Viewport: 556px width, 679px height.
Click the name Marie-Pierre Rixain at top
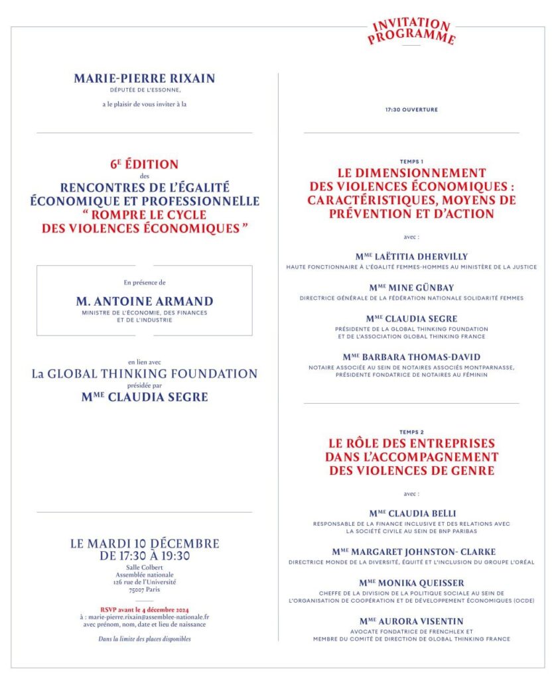click(x=145, y=78)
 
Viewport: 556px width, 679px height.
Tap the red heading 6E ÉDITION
click(x=144, y=164)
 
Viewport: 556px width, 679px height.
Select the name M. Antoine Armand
click(x=144, y=302)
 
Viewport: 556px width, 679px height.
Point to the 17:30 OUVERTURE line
click(x=411, y=109)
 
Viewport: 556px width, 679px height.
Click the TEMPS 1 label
click(x=411, y=161)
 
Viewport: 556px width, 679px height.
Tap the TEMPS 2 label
click(x=411, y=432)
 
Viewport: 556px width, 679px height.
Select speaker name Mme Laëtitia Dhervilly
click(x=411, y=257)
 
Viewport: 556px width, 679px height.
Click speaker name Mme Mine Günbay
click(x=411, y=287)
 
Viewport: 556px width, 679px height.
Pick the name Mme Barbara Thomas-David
click(x=411, y=357)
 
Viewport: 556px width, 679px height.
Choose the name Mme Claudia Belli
click(x=411, y=513)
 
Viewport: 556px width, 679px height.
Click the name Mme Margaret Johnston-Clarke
click(x=414, y=552)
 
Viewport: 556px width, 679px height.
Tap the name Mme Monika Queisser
click(x=411, y=583)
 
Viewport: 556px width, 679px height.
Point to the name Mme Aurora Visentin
click(x=411, y=621)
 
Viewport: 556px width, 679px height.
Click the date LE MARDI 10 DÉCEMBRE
click(x=145, y=544)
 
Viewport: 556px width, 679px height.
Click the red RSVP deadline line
click(x=145, y=609)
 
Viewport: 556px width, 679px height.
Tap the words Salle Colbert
click(x=145, y=568)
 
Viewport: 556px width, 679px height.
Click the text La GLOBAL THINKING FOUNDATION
click(x=145, y=374)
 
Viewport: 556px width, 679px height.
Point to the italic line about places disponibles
click(x=145, y=639)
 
